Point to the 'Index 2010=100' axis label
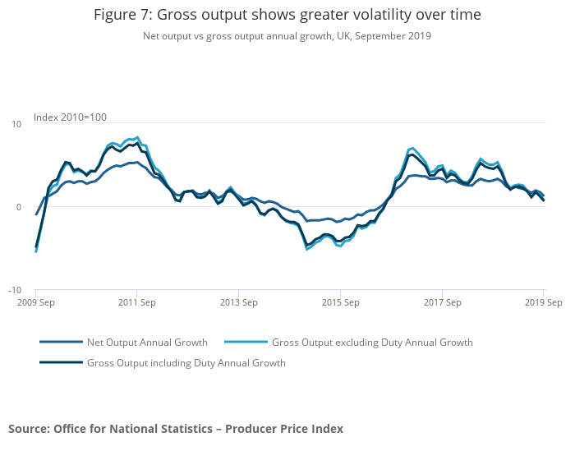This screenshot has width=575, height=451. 70,117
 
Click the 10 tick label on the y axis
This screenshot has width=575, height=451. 16,124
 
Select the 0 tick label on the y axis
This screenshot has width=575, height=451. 19,207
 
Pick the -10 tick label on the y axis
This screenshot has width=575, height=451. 15,291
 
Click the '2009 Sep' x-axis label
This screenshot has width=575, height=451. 35,303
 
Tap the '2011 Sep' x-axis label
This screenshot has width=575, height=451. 136,303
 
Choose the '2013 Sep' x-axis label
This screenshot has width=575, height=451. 238,303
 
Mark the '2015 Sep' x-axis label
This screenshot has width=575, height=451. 340,303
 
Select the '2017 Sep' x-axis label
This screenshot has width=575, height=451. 442,303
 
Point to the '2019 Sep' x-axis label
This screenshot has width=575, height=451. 544,303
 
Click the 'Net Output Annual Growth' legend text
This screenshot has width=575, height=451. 147,343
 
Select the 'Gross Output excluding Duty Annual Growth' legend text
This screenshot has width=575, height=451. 372,343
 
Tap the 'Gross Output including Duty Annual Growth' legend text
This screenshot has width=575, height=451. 186,363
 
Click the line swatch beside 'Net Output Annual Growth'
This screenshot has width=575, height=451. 62,343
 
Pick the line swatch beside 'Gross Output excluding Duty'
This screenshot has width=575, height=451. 246,343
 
